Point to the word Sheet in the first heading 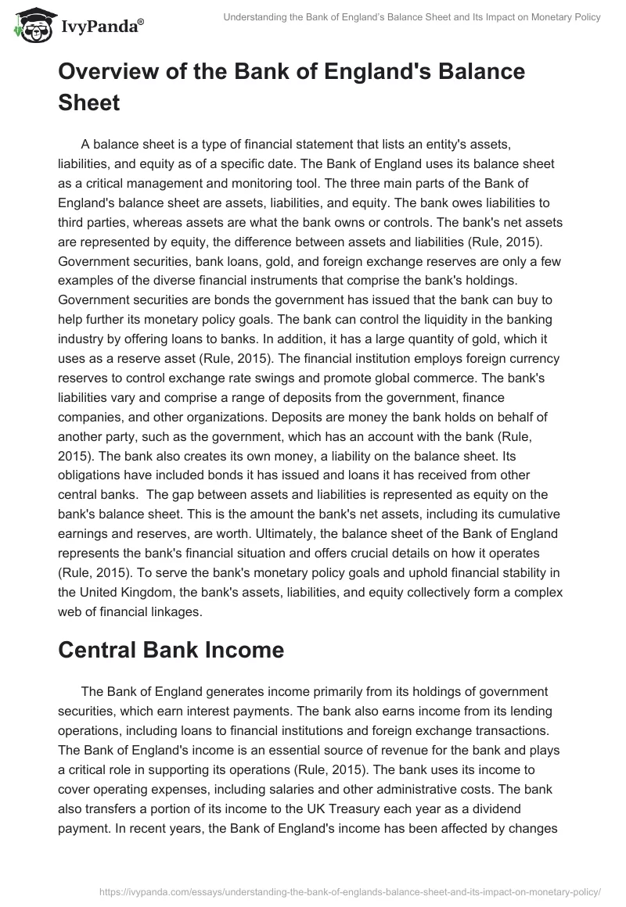point(88,103)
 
